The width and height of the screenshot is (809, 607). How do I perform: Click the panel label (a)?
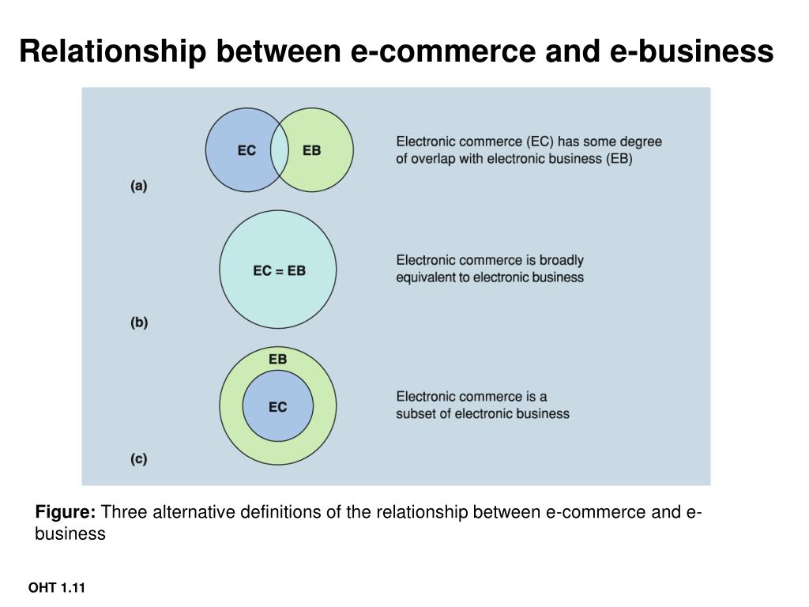click(x=139, y=187)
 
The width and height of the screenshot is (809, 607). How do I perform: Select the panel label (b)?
click(x=139, y=322)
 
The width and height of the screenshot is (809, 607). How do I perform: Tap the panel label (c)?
click(x=139, y=458)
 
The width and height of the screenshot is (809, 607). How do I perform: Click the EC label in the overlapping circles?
click(x=246, y=150)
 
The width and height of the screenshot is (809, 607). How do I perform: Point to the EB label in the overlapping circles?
click(x=312, y=150)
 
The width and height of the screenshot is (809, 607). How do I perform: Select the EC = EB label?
click(x=279, y=270)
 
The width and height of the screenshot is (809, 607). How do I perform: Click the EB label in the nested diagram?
click(x=277, y=360)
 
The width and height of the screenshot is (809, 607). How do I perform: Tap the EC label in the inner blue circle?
click(x=277, y=407)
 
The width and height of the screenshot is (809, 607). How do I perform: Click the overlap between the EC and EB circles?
click(x=280, y=150)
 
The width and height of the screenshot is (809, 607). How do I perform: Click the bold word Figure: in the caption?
click(x=66, y=512)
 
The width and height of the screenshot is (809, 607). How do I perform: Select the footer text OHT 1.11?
click(x=56, y=588)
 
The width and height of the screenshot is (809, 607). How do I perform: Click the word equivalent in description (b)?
click(x=431, y=277)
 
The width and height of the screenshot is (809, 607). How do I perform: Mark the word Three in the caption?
click(x=123, y=512)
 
